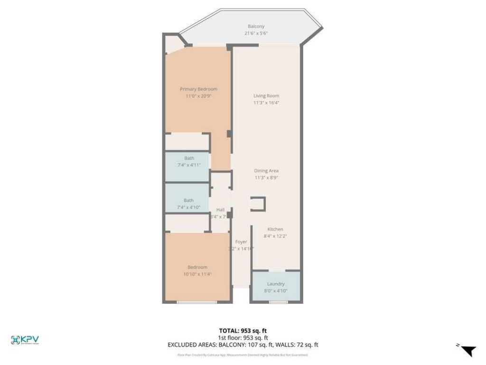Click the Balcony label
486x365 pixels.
256,27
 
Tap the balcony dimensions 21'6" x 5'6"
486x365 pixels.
256,34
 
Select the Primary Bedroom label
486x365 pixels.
198,89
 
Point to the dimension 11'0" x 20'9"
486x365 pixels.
198,96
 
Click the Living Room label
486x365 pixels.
266,96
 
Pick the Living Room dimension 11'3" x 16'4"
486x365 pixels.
266,103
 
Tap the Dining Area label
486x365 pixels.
266,171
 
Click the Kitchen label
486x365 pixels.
275,229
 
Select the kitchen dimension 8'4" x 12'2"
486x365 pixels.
275,236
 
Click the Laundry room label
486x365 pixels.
276,284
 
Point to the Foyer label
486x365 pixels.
241,242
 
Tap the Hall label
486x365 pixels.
220,210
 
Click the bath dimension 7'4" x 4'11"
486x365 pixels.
189,165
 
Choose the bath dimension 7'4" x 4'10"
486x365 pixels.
188,207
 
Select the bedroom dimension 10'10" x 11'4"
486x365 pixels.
197,274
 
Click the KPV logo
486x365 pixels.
25,340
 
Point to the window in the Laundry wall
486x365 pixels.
276,302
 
